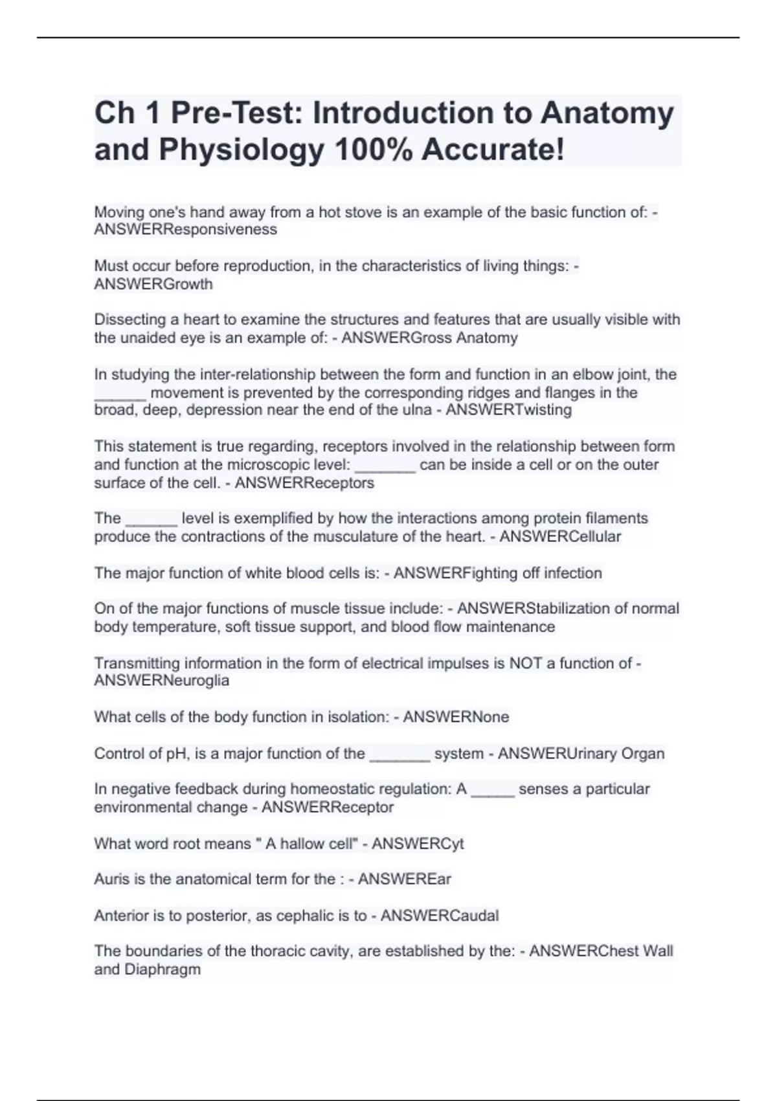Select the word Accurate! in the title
click(493, 150)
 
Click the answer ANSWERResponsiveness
click(185, 230)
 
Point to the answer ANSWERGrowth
click(153, 284)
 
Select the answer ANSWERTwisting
click(509, 410)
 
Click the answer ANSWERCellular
click(560, 537)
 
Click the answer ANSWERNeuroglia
click(162, 681)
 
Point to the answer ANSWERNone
click(456, 717)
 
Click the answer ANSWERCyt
click(418, 844)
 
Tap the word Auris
click(111, 880)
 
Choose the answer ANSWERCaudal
click(440, 916)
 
